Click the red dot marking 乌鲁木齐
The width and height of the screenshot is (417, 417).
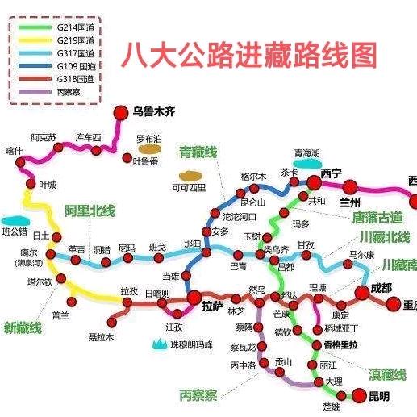coord(121,112)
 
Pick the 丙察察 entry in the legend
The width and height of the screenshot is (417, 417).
coord(66,91)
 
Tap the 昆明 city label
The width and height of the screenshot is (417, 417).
coord(377,396)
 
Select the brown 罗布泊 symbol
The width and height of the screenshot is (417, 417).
coord(148,148)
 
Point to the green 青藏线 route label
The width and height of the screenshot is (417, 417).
coord(198,152)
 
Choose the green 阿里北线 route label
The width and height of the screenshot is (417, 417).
coord(90,211)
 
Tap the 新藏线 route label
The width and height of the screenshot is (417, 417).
coord(24,327)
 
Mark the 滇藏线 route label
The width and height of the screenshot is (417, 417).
coord(387,374)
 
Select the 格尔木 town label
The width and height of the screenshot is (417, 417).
coord(253,177)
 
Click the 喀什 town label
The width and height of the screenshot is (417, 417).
coord(14,150)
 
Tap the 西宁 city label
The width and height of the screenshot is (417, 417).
coord(332,173)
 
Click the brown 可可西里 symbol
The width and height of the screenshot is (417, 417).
coord(190,175)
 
